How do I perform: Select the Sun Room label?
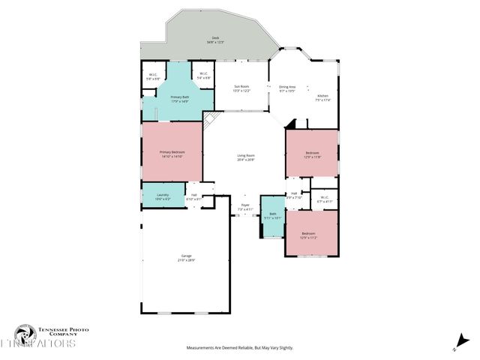(241, 87)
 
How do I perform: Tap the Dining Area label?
(288, 87)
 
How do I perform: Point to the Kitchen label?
(322, 96)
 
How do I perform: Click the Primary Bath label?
(179, 97)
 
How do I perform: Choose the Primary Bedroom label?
(172, 152)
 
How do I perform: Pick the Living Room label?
(247, 155)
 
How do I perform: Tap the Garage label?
(186, 256)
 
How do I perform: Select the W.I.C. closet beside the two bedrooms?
(323, 199)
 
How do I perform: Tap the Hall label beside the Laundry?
(193, 195)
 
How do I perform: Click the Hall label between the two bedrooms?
(295, 193)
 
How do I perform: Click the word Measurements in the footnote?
(202, 348)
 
